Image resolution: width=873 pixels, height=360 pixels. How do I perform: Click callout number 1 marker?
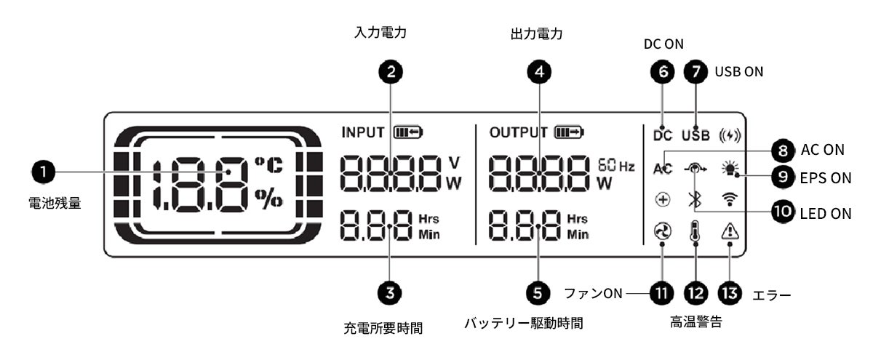click(44, 172)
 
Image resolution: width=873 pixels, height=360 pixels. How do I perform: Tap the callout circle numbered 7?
click(696, 71)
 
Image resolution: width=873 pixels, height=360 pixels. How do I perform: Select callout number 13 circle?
click(727, 293)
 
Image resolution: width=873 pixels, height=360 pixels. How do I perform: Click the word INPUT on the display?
click(363, 132)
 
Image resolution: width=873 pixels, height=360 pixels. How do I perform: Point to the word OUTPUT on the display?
click(518, 132)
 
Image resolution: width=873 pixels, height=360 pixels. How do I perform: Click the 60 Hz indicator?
click(615, 166)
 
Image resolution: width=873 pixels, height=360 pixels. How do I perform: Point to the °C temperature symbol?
click(267, 164)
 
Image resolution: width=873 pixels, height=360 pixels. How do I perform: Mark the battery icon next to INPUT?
click(407, 132)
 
